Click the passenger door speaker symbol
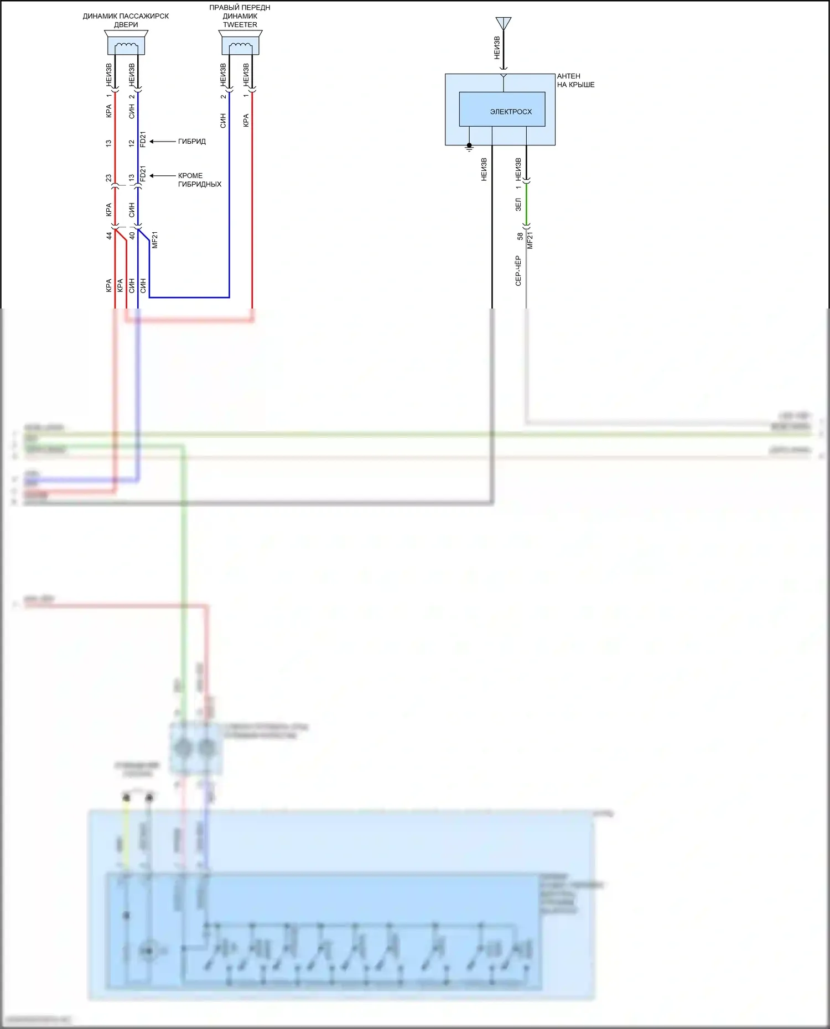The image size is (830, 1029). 126,43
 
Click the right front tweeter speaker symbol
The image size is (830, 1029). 240,43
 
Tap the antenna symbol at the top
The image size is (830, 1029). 504,23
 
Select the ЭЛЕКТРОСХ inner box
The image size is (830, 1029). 502,109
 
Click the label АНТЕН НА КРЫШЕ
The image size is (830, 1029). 575,81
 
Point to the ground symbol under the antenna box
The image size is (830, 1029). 469,148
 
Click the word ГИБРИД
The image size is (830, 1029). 191,142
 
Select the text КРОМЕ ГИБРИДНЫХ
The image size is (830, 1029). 199,180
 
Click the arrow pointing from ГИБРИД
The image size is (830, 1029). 162,142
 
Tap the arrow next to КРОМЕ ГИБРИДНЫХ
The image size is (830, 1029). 162,176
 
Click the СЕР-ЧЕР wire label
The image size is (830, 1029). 518,270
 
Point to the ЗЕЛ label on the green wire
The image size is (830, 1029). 518,205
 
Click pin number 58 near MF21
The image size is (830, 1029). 520,236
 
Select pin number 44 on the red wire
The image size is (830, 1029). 109,236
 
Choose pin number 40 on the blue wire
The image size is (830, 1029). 132,236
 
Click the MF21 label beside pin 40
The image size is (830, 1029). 155,240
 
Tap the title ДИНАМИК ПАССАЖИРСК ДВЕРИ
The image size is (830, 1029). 126,20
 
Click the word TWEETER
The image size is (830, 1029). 240,25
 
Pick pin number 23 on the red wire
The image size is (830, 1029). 108,178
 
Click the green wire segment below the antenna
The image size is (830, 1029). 526,205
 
